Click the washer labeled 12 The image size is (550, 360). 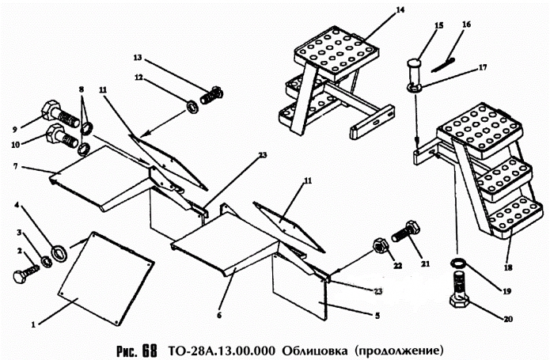[x=192, y=105]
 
